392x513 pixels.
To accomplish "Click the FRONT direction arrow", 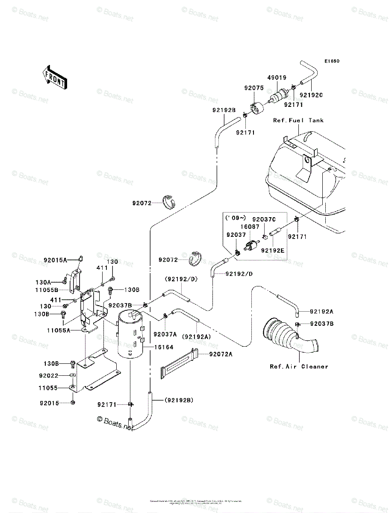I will coord(54,77).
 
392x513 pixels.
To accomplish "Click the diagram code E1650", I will coord(331,62).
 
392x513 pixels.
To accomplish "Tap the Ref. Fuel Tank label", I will coord(298,121).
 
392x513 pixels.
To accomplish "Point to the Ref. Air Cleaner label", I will coord(299,366).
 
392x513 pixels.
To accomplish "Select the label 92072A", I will coord(221,354).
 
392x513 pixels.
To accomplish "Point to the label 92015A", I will coord(55,260).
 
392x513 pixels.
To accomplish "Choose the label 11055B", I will coord(47,290).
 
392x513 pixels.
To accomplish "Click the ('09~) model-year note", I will coord(235,218).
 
